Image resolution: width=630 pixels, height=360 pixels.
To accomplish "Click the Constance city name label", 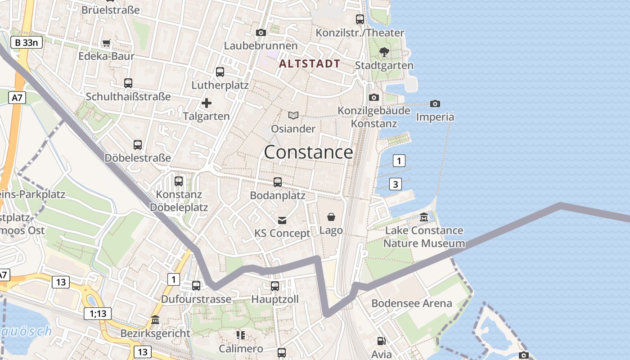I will click(x=308, y=153).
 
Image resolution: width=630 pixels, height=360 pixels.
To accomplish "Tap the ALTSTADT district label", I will click(x=310, y=63).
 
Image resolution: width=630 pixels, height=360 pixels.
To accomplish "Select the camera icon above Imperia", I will click(x=435, y=104).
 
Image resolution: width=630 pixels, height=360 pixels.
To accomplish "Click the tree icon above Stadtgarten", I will click(x=384, y=52).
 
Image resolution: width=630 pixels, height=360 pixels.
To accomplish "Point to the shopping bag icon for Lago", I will click(x=331, y=217).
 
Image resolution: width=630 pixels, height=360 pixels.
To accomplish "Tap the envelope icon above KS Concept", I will click(x=282, y=220).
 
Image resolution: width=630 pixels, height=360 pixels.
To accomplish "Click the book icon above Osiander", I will click(x=293, y=116).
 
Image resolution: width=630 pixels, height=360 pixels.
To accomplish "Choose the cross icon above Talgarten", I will click(x=207, y=103).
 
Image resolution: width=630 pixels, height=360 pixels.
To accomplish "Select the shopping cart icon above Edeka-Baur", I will click(x=106, y=43).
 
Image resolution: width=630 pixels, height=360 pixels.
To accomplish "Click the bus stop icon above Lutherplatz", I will click(x=220, y=72).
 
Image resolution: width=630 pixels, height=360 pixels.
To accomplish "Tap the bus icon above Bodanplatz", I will click(x=278, y=182).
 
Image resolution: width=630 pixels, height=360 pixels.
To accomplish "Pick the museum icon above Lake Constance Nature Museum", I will click(x=424, y=218).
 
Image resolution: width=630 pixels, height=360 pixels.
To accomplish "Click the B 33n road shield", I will click(x=27, y=43).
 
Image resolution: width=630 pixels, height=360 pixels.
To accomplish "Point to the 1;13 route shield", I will click(x=98, y=314).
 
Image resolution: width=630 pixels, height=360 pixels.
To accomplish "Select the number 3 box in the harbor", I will click(x=395, y=184).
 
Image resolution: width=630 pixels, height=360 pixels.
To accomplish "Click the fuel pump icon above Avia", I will click(x=381, y=342).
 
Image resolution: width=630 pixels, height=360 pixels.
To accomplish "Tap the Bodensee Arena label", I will click(x=411, y=303).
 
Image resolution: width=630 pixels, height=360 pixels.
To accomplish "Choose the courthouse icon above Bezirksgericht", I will click(x=155, y=320).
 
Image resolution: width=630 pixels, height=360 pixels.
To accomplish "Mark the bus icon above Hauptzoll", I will click(x=275, y=286).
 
